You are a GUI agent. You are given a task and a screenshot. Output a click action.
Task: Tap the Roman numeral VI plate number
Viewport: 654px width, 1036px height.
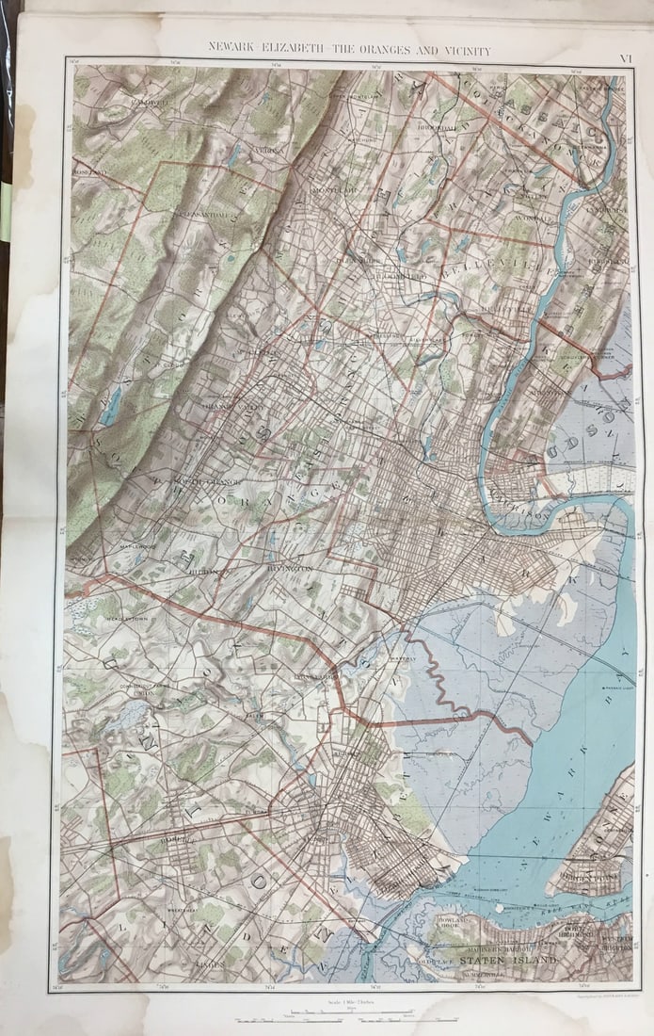(x=624, y=58)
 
